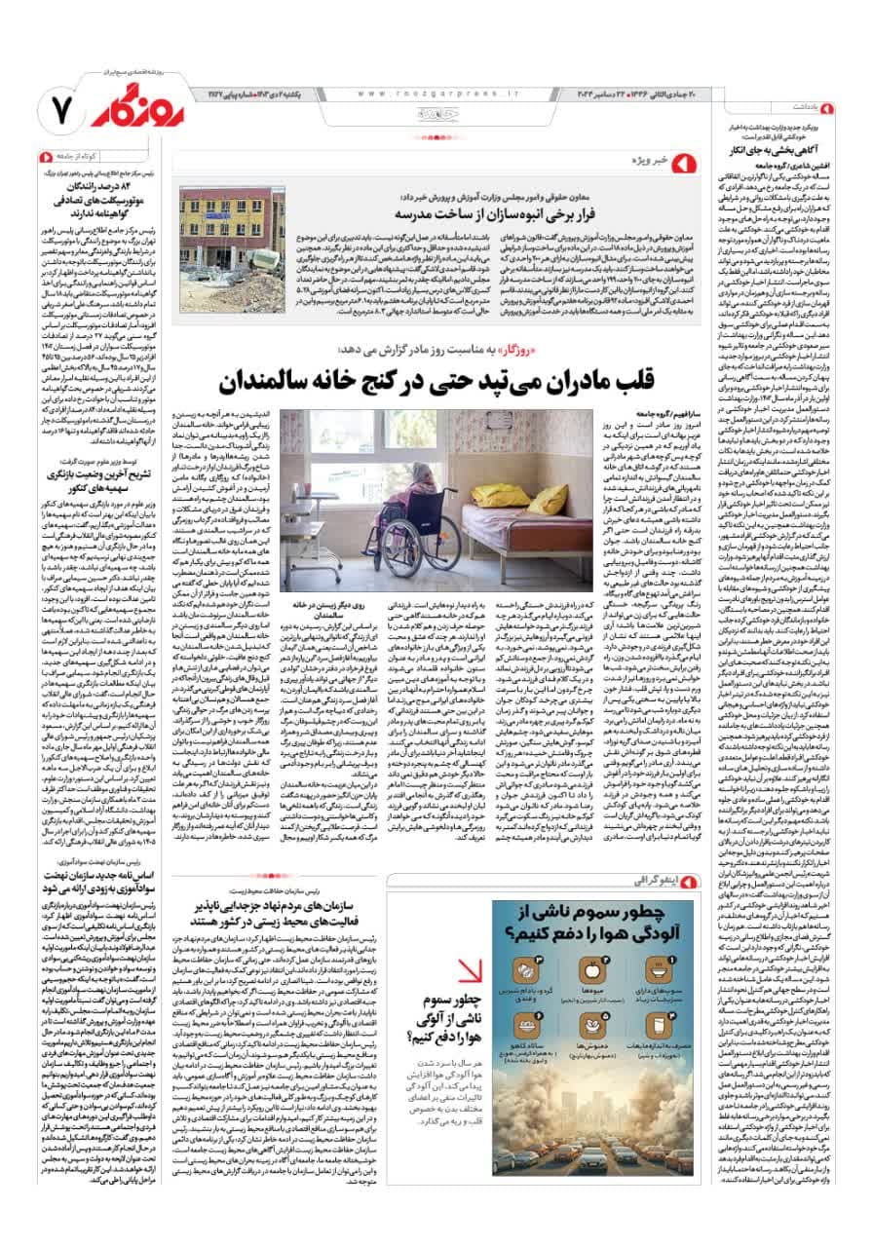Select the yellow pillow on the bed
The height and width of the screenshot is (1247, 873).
(547, 500)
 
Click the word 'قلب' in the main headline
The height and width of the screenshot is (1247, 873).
(638, 380)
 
